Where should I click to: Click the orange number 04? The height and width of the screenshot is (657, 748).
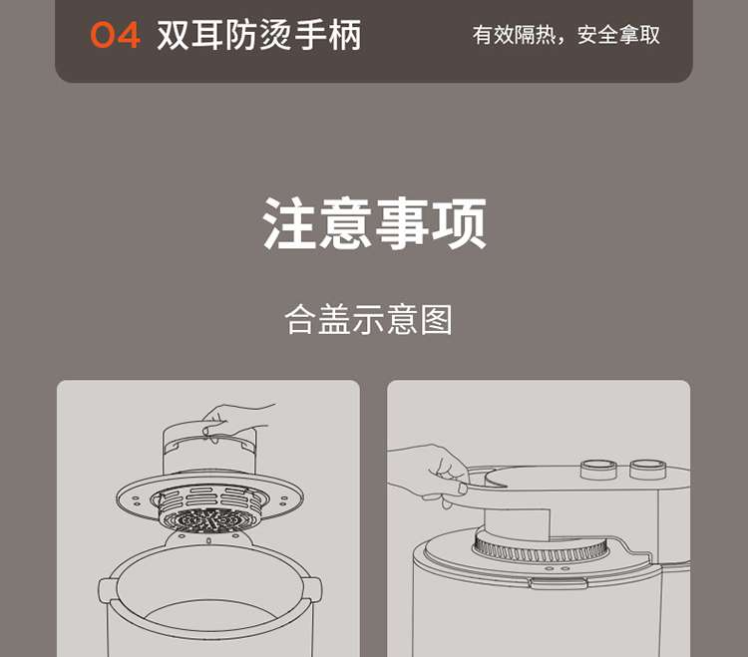[115, 35]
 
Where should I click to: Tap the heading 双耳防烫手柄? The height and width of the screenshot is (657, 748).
[259, 35]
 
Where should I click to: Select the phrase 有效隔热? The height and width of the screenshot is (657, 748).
[514, 35]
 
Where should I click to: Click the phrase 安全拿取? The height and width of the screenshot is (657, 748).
[618, 35]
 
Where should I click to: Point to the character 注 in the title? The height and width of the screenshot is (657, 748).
[289, 223]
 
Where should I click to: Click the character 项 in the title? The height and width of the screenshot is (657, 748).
[459, 223]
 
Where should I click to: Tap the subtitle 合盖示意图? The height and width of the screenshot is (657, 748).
[368, 319]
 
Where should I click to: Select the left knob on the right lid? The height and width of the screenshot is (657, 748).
[598, 470]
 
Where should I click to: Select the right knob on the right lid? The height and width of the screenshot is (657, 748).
[647, 470]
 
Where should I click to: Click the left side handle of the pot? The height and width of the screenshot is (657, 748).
[108, 591]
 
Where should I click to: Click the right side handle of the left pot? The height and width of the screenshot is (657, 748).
[312, 591]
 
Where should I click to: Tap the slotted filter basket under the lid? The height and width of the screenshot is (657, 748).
[209, 507]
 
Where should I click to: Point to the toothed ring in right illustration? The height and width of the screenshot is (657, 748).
[543, 548]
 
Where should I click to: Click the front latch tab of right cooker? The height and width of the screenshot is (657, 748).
[559, 582]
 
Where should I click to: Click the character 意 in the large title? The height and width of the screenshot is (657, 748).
[346, 223]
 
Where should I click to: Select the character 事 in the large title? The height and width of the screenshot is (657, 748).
[402, 223]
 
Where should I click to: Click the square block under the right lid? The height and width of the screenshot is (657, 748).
[517, 524]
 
